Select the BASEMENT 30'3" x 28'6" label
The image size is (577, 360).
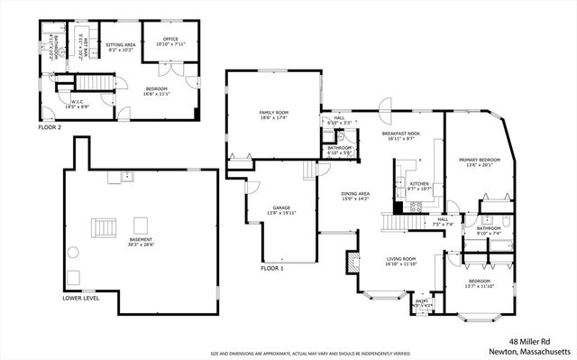pos(140,241)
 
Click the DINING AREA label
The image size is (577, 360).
pos(354,195)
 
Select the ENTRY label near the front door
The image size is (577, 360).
pos(422,304)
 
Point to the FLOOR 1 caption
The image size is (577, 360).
pos(271,269)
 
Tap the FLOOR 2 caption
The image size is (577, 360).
pos(50,128)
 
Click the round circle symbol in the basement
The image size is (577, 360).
pos(77,278)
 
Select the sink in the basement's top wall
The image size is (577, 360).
pos(114,178)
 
